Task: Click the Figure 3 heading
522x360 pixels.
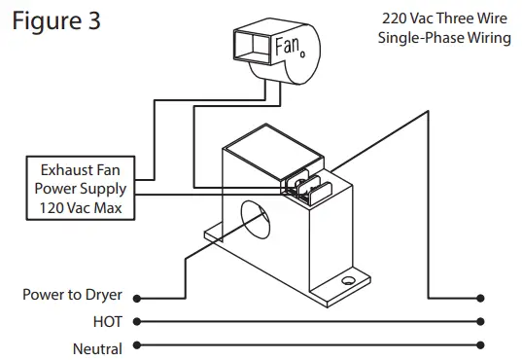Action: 56,20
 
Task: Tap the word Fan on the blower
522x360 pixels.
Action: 288,45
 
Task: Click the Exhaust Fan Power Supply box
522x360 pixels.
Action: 81,188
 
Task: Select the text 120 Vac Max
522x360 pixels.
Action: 81,208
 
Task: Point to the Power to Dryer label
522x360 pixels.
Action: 72,295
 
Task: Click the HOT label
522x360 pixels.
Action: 108,322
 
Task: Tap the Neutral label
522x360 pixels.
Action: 97,349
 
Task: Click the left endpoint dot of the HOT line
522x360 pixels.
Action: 137,322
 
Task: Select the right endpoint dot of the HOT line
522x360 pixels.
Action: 480,322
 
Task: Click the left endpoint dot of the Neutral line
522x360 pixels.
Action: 137,345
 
